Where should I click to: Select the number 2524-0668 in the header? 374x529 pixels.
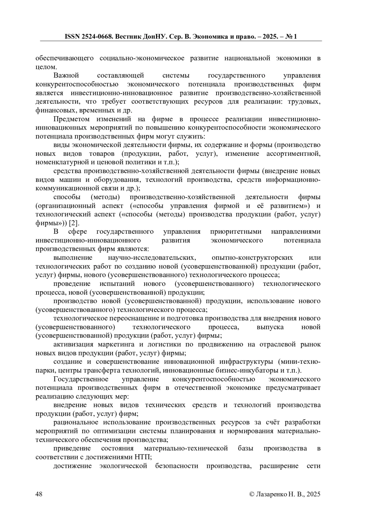pos(96,36)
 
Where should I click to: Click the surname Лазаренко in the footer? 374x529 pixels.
pos(271,494)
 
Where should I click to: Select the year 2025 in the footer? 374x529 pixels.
pos(313,494)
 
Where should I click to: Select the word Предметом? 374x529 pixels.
pos(71,119)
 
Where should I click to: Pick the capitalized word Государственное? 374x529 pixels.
pos(81,379)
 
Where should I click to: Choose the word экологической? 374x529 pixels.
pos(123,466)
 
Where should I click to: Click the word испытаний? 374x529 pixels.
pos(117,284)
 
